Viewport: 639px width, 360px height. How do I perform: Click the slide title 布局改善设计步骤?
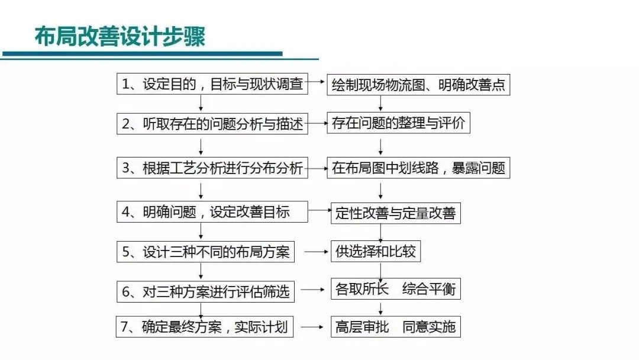(120, 36)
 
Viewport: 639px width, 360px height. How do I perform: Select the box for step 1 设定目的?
(212, 84)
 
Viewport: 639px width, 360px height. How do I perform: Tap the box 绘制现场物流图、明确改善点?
(418, 85)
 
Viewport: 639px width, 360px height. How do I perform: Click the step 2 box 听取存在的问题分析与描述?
(212, 124)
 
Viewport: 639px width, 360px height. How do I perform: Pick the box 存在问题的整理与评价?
(399, 123)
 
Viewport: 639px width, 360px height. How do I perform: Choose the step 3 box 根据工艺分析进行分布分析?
(212, 168)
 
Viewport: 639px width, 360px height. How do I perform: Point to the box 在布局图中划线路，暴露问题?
(418, 168)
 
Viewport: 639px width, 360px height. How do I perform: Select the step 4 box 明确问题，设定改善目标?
(212, 211)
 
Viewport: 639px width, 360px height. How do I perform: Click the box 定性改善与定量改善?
(396, 213)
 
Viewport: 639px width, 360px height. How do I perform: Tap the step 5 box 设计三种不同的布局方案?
(206, 252)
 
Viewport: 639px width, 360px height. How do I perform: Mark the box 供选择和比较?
(375, 251)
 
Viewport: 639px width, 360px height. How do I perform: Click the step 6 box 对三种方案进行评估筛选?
(206, 291)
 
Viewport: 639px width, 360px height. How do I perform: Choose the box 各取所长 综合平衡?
(396, 289)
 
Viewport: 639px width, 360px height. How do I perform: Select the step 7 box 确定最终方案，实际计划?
(205, 327)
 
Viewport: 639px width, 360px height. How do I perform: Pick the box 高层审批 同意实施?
(396, 327)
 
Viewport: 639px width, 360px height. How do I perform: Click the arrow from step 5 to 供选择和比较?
(316, 252)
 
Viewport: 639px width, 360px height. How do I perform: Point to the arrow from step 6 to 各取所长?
(312, 290)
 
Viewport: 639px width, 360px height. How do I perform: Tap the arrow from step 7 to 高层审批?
(312, 327)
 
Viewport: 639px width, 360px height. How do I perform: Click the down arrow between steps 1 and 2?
(201, 103)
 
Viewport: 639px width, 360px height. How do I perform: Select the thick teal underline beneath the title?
(142, 54)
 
